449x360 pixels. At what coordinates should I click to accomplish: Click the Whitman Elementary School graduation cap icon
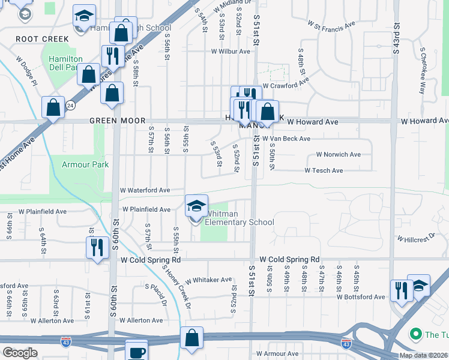[196, 206]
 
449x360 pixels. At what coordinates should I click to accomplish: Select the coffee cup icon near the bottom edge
[136, 351]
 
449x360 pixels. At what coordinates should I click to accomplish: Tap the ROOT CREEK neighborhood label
[42, 39]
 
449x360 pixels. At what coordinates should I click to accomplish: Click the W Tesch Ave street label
[324, 170]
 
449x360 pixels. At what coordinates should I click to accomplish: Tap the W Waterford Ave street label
[145, 190]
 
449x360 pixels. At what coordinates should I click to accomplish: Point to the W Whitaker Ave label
[208, 280]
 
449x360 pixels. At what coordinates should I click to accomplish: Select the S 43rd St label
[396, 39]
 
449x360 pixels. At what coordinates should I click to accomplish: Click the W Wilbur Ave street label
[230, 52]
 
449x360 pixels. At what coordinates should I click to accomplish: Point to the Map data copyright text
[424, 355]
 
